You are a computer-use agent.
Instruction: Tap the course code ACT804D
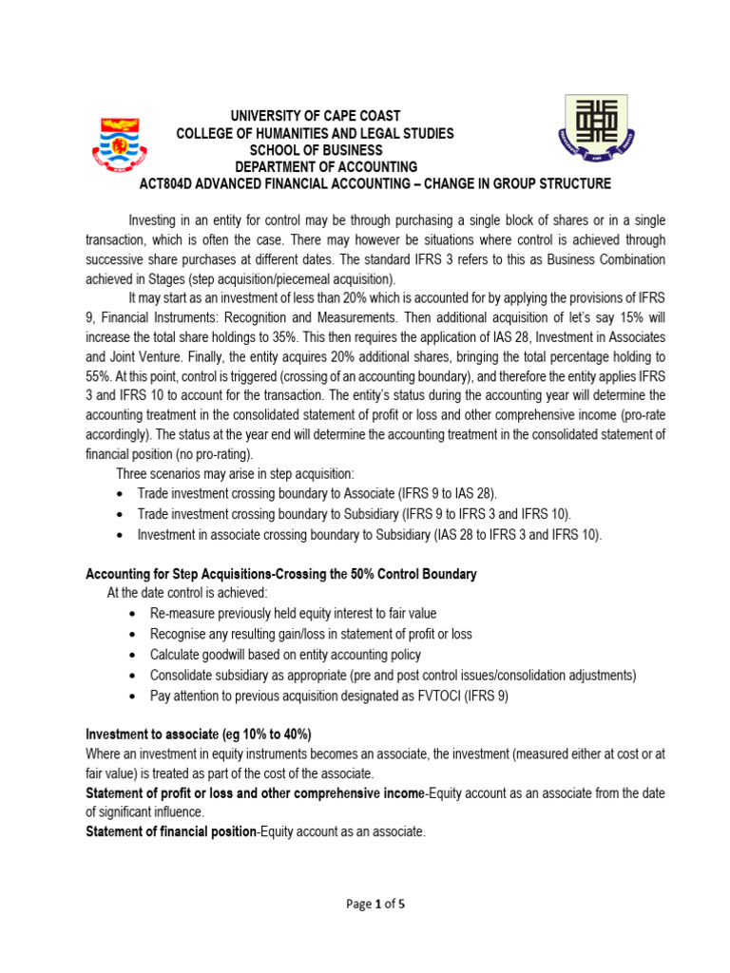[x=171, y=184]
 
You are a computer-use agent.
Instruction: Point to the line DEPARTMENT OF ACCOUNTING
[x=316, y=167]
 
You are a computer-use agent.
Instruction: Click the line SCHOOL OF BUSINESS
[x=316, y=150]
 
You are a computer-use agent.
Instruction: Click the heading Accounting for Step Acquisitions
[x=281, y=574]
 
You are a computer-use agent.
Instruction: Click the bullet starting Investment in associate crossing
[x=369, y=534]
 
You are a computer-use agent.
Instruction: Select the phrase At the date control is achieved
[x=181, y=594]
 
